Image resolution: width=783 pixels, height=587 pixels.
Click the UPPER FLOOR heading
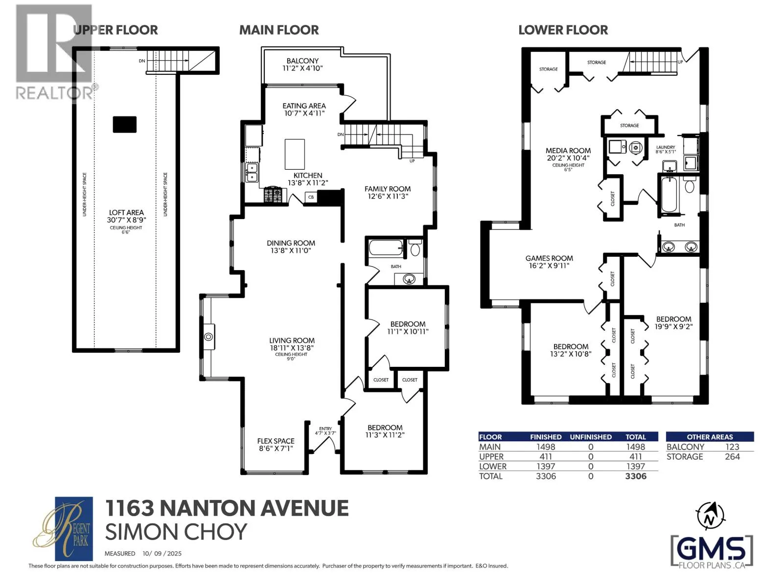tap(115, 30)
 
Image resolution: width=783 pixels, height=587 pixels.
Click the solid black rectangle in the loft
tap(124, 124)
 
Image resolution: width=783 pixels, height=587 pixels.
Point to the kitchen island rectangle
tap(295, 154)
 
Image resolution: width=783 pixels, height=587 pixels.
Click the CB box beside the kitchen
tap(311, 197)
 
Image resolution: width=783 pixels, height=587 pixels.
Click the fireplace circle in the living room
tap(208, 337)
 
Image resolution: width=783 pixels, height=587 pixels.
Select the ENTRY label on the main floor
tap(325, 429)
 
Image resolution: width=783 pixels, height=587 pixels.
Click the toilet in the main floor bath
tap(415, 248)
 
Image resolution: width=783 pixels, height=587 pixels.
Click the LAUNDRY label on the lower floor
tap(666, 147)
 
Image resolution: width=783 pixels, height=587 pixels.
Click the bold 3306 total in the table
tap(636, 476)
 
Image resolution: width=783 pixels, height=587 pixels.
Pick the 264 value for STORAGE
tap(732, 456)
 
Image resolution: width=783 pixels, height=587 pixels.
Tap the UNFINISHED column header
tap(591, 437)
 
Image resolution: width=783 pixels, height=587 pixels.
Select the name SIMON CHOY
tap(176, 532)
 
